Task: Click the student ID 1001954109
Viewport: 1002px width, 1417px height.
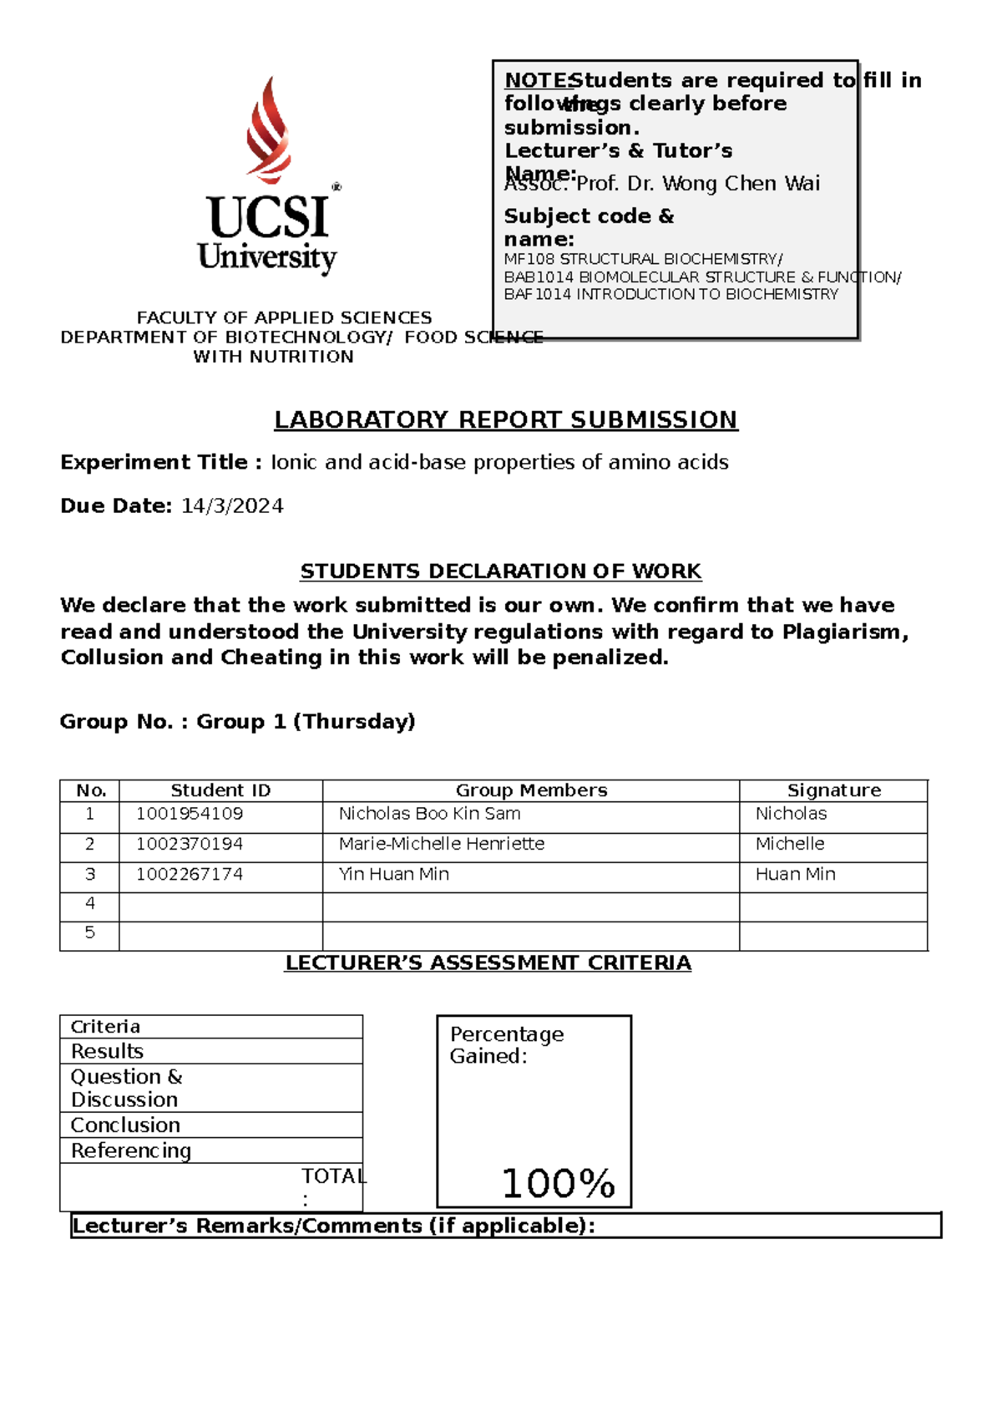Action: [x=190, y=814]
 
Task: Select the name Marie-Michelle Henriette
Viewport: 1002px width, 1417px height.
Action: [x=441, y=844]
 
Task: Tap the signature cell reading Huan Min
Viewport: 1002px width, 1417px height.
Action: [x=795, y=874]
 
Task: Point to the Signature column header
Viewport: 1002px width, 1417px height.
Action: [x=833, y=790]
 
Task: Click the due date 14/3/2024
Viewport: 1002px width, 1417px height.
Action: [x=232, y=506]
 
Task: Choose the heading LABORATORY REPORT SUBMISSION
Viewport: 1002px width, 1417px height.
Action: [x=506, y=419]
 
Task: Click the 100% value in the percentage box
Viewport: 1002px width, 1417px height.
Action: [x=558, y=1183]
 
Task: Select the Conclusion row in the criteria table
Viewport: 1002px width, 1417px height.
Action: [x=125, y=1125]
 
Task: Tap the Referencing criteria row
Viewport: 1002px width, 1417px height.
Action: [x=131, y=1150]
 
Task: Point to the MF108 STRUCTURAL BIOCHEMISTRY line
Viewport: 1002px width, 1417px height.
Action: [x=643, y=259]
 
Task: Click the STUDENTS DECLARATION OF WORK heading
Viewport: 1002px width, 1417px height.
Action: [x=500, y=571]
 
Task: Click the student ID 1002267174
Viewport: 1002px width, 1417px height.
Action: [x=190, y=874]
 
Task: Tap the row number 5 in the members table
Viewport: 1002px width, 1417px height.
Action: [x=90, y=932]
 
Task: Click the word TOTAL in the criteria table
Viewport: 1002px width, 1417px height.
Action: [x=333, y=1176]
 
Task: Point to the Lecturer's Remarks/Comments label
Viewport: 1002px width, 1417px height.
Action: [x=334, y=1226]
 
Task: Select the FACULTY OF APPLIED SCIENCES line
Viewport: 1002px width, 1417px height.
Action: [x=284, y=317]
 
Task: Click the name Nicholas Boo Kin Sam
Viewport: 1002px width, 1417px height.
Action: [x=429, y=814]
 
